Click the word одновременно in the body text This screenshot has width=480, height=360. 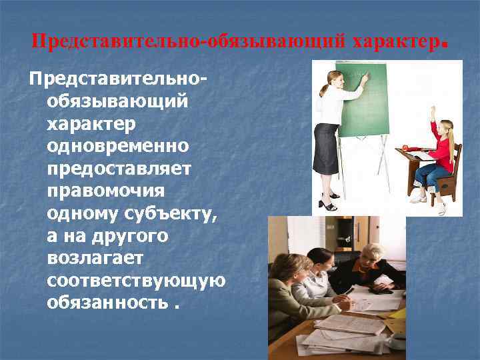tap(118, 146)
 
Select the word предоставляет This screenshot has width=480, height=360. tap(119, 168)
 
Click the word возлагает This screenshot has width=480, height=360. tap(91, 257)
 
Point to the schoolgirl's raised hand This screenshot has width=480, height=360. tap(433, 109)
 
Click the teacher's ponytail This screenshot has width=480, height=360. tap(323, 87)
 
